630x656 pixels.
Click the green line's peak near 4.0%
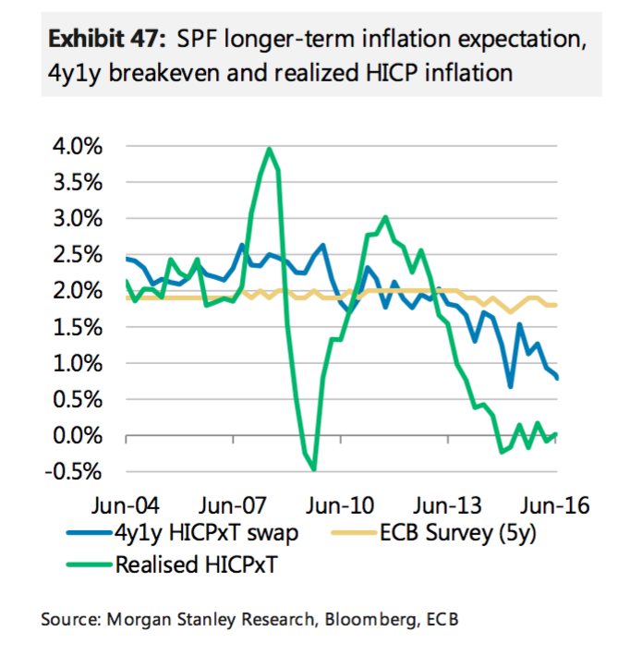pos(269,149)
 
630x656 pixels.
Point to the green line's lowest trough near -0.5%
pos(314,469)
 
